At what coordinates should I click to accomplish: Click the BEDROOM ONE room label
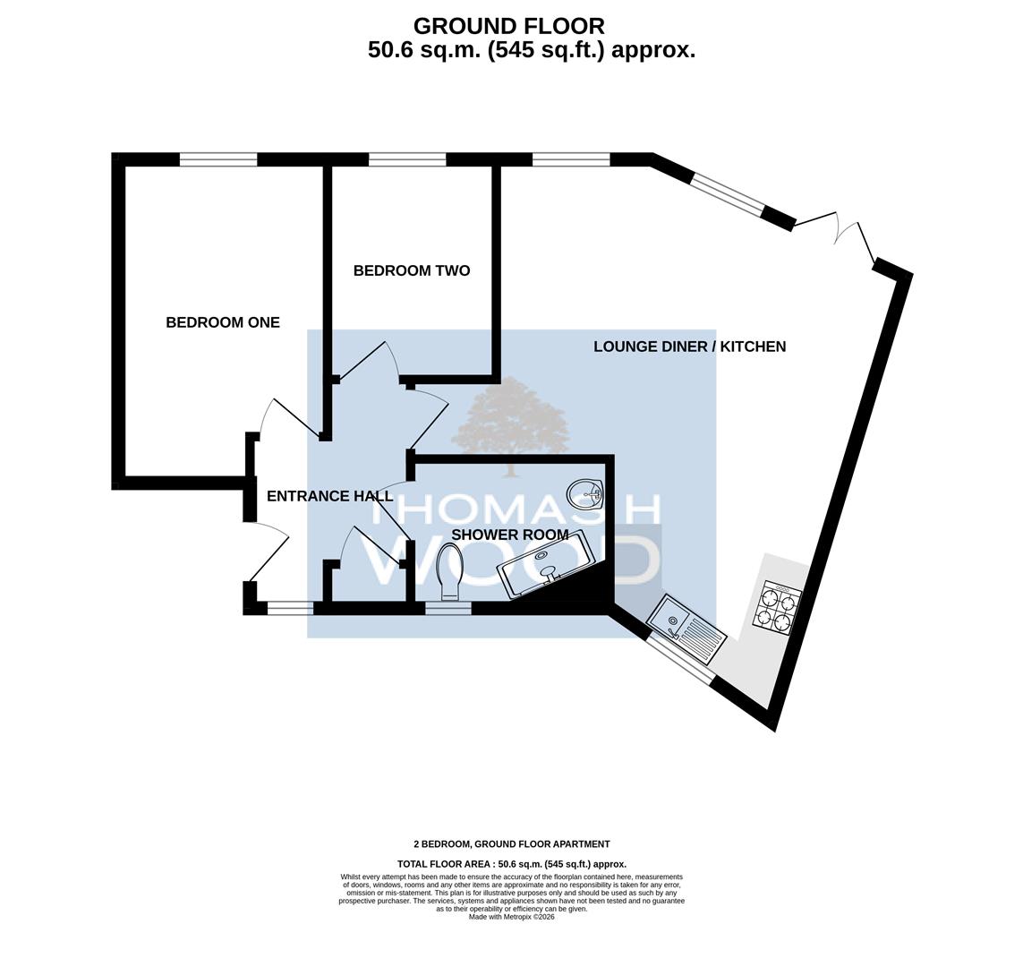(223, 322)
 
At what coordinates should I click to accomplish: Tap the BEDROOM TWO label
(412, 270)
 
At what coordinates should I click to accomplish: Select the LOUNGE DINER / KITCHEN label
(690, 347)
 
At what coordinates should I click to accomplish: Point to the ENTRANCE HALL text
(329, 496)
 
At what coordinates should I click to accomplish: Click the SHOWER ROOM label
(510, 535)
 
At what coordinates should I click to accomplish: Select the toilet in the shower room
(451, 572)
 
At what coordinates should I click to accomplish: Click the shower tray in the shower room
(546, 564)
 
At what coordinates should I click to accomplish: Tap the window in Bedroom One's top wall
(218, 159)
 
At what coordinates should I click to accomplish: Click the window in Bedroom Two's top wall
(408, 159)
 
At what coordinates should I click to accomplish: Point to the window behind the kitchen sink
(680, 659)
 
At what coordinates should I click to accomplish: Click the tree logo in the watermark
(512, 427)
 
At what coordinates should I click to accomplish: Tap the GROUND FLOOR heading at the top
(509, 26)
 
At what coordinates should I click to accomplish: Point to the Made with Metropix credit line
(512, 917)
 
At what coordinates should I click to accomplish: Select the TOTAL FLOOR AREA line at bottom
(512, 864)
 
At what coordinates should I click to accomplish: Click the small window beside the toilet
(448, 608)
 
